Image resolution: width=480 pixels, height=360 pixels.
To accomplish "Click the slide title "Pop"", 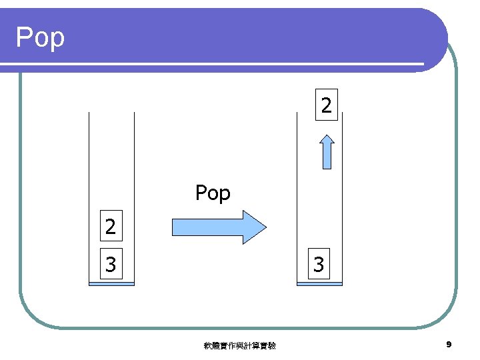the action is [x=40, y=37].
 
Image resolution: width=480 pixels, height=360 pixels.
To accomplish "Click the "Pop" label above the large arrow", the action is [x=213, y=193].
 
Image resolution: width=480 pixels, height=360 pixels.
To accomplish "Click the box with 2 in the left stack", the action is [x=110, y=227].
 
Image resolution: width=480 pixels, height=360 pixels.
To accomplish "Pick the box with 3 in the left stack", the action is [x=110, y=265].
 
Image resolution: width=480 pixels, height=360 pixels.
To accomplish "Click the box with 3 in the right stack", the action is [x=319, y=265].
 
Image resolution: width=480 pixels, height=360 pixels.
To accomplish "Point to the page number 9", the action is [x=449, y=345].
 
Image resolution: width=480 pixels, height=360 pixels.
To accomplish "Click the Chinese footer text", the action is [x=240, y=345].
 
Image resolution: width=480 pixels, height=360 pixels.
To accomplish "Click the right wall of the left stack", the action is [x=134, y=167].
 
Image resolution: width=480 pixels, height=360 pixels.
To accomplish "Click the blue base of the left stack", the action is [x=111, y=284].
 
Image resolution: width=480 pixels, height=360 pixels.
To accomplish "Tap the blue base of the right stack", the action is [x=319, y=284].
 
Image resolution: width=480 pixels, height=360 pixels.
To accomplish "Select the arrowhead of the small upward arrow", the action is [x=327, y=140].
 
